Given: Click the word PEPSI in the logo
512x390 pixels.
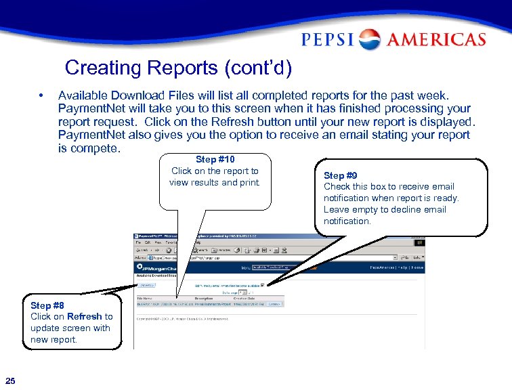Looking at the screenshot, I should pyautogui.click(x=328, y=39).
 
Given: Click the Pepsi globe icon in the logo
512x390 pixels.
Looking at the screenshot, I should pyautogui.click(x=370, y=39).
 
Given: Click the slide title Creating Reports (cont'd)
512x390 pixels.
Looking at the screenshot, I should pyautogui.click(x=178, y=68).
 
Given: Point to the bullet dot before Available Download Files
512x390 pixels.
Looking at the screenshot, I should pyautogui.click(x=41, y=95).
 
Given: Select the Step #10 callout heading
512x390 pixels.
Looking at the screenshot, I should pyautogui.click(x=215, y=160).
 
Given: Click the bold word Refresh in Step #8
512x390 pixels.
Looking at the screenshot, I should pyautogui.click(x=85, y=316).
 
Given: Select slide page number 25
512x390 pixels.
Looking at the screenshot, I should pyautogui.click(x=10, y=378).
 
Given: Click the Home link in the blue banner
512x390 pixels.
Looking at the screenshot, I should pyautogui.click(x=417, y=267).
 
